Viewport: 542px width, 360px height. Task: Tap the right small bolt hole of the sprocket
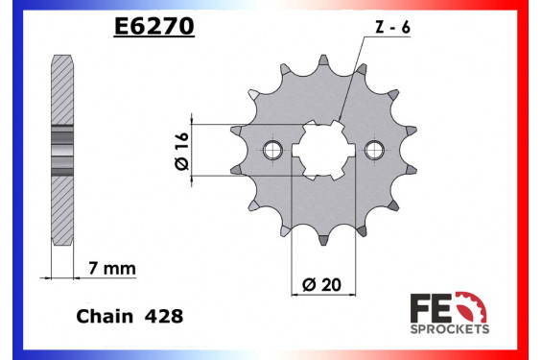click(372, 149)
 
